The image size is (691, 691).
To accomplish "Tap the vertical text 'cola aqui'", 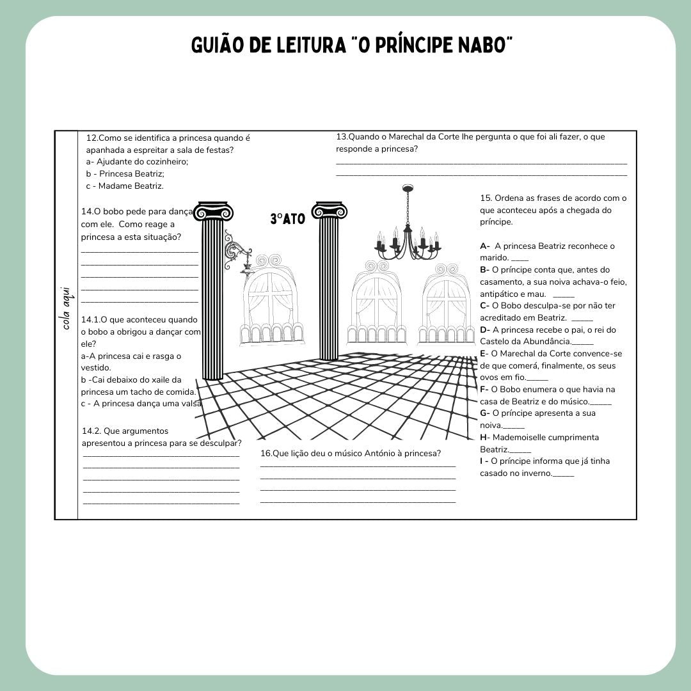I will [67, 308].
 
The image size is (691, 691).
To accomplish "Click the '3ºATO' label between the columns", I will [287, 219].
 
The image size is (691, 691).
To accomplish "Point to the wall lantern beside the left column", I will [239, 254].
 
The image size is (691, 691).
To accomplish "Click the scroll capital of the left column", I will [213, 212].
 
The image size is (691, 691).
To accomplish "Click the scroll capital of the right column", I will [329, 210].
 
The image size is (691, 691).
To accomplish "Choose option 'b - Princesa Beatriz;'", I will [125, 174].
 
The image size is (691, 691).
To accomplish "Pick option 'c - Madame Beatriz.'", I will [125, 186].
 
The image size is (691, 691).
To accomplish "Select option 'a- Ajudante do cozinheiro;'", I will [137, 162].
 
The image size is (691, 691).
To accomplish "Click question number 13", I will [342, 137].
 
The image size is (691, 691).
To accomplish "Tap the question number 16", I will [266, 454].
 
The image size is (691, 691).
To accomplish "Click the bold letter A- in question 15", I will [485, 246].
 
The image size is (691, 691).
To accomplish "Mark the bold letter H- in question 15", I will [485, 438].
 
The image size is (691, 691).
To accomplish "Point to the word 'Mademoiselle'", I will [517, 438].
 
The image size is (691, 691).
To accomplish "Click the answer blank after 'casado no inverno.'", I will [564, 474].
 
